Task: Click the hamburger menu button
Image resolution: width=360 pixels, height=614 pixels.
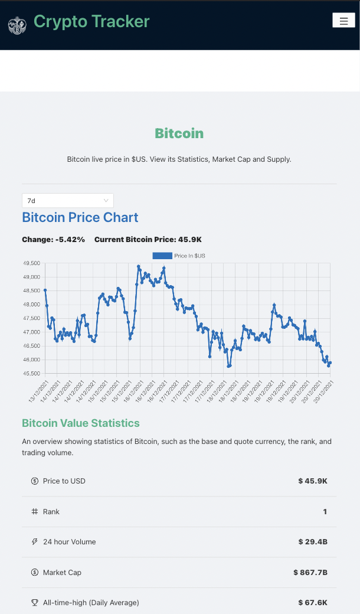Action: pyautogui.click(x=343, y=21)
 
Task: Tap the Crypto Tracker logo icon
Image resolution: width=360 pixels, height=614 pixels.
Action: pyautogui.click(x=17, y=25)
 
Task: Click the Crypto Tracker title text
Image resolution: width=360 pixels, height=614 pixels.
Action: pyautogui.click(x=91, y=22)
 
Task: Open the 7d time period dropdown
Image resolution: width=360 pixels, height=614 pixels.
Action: pyautogui.click(x=67, y=201)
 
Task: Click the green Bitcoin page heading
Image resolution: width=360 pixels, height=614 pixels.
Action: pyautogui.click(x=179, y=133)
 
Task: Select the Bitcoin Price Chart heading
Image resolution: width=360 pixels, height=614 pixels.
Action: pyautogui.click(x=80, y=217)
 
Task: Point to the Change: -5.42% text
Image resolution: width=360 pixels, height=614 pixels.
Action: pyautogui.click(x=54, y=240)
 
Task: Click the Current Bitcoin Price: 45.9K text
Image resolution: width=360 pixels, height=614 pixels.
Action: pyautogui.click(x=148, y=240)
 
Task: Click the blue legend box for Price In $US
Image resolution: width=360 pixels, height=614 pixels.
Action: pyautogui.click(x=162, y=256)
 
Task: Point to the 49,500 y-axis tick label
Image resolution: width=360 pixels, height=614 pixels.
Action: pyautogui.click(x=31, y=263)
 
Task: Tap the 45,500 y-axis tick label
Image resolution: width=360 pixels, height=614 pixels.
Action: pyautogui.click(x=31, y=374)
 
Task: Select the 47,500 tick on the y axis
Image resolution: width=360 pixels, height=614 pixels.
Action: pyautogui.click(x=31, y=319)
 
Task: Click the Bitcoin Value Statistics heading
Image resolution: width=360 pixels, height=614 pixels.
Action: pyautogui.click(x=81, y=423)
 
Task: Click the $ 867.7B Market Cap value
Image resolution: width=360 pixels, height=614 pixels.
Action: pyautogui.click(x=310, y=573)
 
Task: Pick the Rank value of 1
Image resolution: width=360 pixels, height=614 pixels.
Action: pyautogui.click(x=325, y=512)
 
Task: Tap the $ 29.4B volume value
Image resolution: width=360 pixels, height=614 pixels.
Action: pyautogui.click(x=313, y=542)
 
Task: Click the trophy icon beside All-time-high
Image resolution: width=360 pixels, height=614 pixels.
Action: pyautogui.click(x=35, y=603)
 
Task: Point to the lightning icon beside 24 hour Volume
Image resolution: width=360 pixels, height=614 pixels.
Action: pyautogui.click(x=35, y=542)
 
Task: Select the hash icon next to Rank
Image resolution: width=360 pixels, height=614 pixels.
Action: pyautogui.click(x=35, y=512)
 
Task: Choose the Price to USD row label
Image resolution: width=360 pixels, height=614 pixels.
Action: pyautogui.click(x=64, y=481)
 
